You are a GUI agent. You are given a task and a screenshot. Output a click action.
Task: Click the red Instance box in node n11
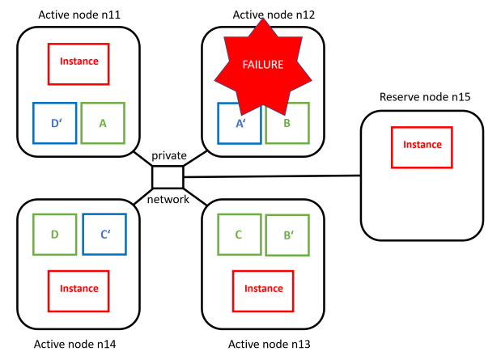pyautogui.click(x=79, y=63)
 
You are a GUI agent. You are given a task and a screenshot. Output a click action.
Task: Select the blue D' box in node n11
pyautogui.click(x=55, y=123)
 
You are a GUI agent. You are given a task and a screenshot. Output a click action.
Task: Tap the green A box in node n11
pyautogui.click(x=103, y=123)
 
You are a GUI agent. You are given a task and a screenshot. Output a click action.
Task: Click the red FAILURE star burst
pyautogui.click(x=264, y=64)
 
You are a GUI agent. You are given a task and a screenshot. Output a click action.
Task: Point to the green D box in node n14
pyautogui.click(x=55, y=235)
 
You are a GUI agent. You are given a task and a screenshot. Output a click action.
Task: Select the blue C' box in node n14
pyautogui.click(x=104, y=235)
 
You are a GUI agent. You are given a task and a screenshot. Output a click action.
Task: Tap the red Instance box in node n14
pyautogui.click(x=79, y=290)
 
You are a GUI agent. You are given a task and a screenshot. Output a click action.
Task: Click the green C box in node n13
pyautogui.click(x=239, y=235)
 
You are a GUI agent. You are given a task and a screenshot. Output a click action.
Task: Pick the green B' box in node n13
pyautogui.click(x=287, y=236)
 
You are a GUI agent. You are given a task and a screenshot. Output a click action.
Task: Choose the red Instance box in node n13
pyautogui.click(x=263, y=290)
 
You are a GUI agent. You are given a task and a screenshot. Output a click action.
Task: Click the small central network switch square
pyautogui.click(x=168, y=176)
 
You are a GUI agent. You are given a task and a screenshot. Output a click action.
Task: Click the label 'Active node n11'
pyautogui.click(x=79, y=15)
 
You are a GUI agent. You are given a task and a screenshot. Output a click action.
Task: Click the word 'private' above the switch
pyautogui.click(x=169, y=155)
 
